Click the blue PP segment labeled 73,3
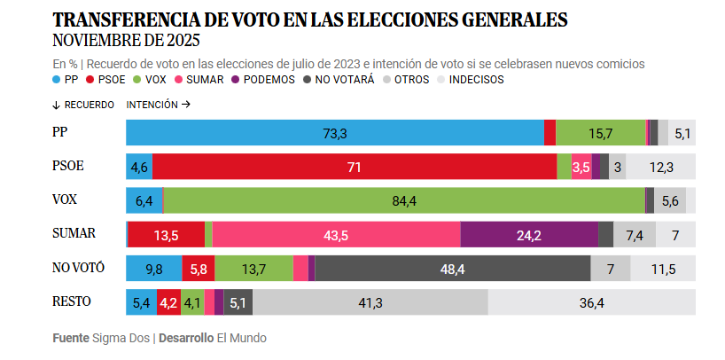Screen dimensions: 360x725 coord(334,133)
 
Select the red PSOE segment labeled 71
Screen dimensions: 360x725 coord(355,167)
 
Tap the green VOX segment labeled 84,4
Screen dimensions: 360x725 coord(404,201)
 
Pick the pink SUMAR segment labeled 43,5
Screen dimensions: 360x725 coord(336,235)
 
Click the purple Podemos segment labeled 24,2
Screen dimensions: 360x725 coord(529,235)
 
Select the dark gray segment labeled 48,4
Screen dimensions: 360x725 coord(452,269)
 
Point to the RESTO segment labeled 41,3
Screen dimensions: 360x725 coord(370,302)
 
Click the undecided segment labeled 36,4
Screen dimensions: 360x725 coord(591,302)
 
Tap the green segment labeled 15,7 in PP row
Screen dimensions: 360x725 coord(601,133)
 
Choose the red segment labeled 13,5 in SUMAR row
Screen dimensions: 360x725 coord(167,235)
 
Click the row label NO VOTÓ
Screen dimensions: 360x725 coord(78,267)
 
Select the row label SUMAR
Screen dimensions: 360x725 coord(74,233)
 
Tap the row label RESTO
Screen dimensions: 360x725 coord(73,301)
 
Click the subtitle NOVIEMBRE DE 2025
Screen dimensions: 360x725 coord(127,41)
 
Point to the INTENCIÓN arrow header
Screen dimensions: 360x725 coord(159,104)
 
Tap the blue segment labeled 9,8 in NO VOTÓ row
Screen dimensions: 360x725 coord(153,269)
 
